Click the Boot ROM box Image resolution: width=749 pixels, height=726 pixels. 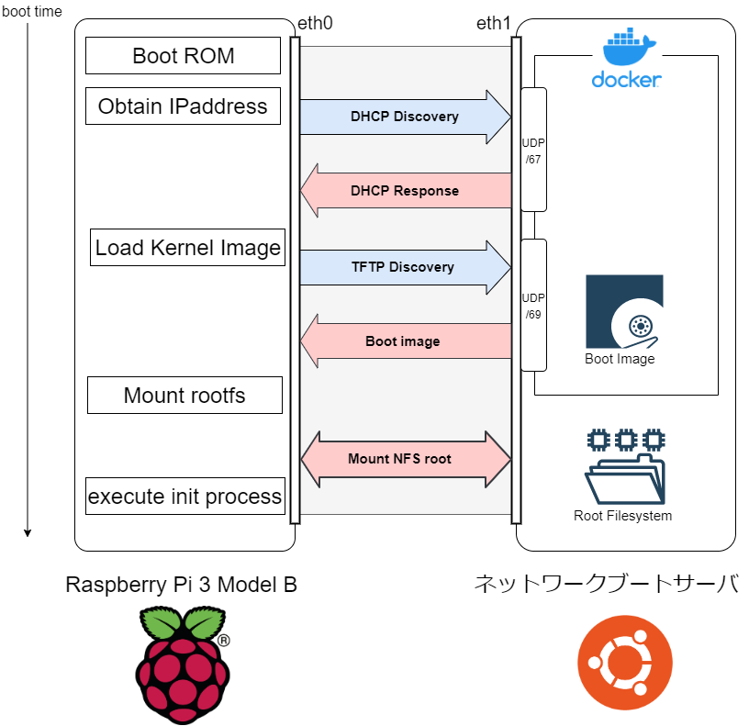tap(183, 56)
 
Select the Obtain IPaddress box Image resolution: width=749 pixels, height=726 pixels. tap(183, 106)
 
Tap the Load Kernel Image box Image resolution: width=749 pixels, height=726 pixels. tap(187, 248)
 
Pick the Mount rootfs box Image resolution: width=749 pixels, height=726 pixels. tap(184, 396)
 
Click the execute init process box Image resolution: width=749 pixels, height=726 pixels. tap(184, 497)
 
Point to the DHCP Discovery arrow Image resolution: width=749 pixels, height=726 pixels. tap(405, 117)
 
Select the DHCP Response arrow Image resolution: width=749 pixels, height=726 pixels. tap(405, 191)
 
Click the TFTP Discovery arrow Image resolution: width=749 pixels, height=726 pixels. tap(405, 267)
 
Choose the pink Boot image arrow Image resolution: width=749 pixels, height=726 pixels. tap(405, 341)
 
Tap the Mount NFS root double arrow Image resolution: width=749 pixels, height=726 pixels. tap(405, 459)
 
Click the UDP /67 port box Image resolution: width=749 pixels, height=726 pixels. tap(533, 150)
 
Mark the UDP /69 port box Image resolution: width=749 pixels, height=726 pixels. tap(533, 305)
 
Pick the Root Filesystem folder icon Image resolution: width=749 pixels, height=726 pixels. tap(624, 465)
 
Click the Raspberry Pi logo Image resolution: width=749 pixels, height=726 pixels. tap(183, 664)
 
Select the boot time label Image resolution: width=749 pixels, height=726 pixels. tap(32, 11)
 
